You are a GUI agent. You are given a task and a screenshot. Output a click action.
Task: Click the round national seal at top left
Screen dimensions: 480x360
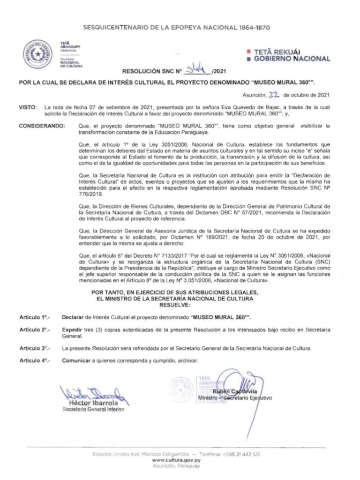coord(39,54)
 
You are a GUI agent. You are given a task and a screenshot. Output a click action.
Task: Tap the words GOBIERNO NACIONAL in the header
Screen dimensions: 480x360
coord(292,59)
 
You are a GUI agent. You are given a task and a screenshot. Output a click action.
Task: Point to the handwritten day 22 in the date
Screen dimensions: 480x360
coord(274,94)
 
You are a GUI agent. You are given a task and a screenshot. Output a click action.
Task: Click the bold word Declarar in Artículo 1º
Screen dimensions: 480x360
coord(73,317)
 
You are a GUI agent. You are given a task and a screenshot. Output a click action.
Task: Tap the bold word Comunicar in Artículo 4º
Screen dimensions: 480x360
coord(76,360)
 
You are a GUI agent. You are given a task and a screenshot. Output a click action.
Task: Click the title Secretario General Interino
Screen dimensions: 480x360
coord(93,410)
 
